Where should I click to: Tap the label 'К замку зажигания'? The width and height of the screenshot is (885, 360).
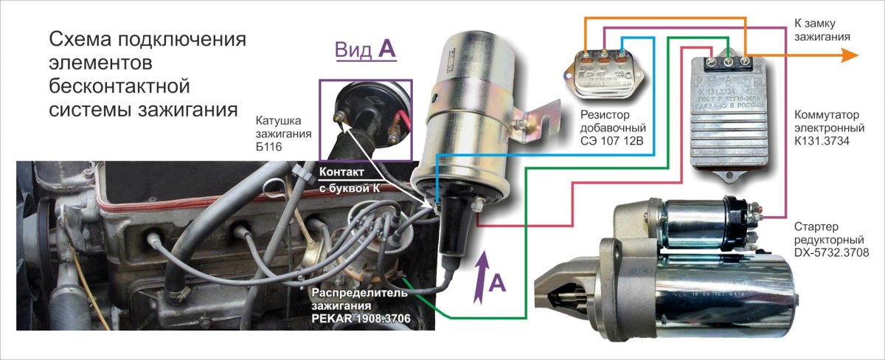(x=823, y=29)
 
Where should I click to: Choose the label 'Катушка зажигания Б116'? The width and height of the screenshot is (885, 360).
(x=282, y=134)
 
